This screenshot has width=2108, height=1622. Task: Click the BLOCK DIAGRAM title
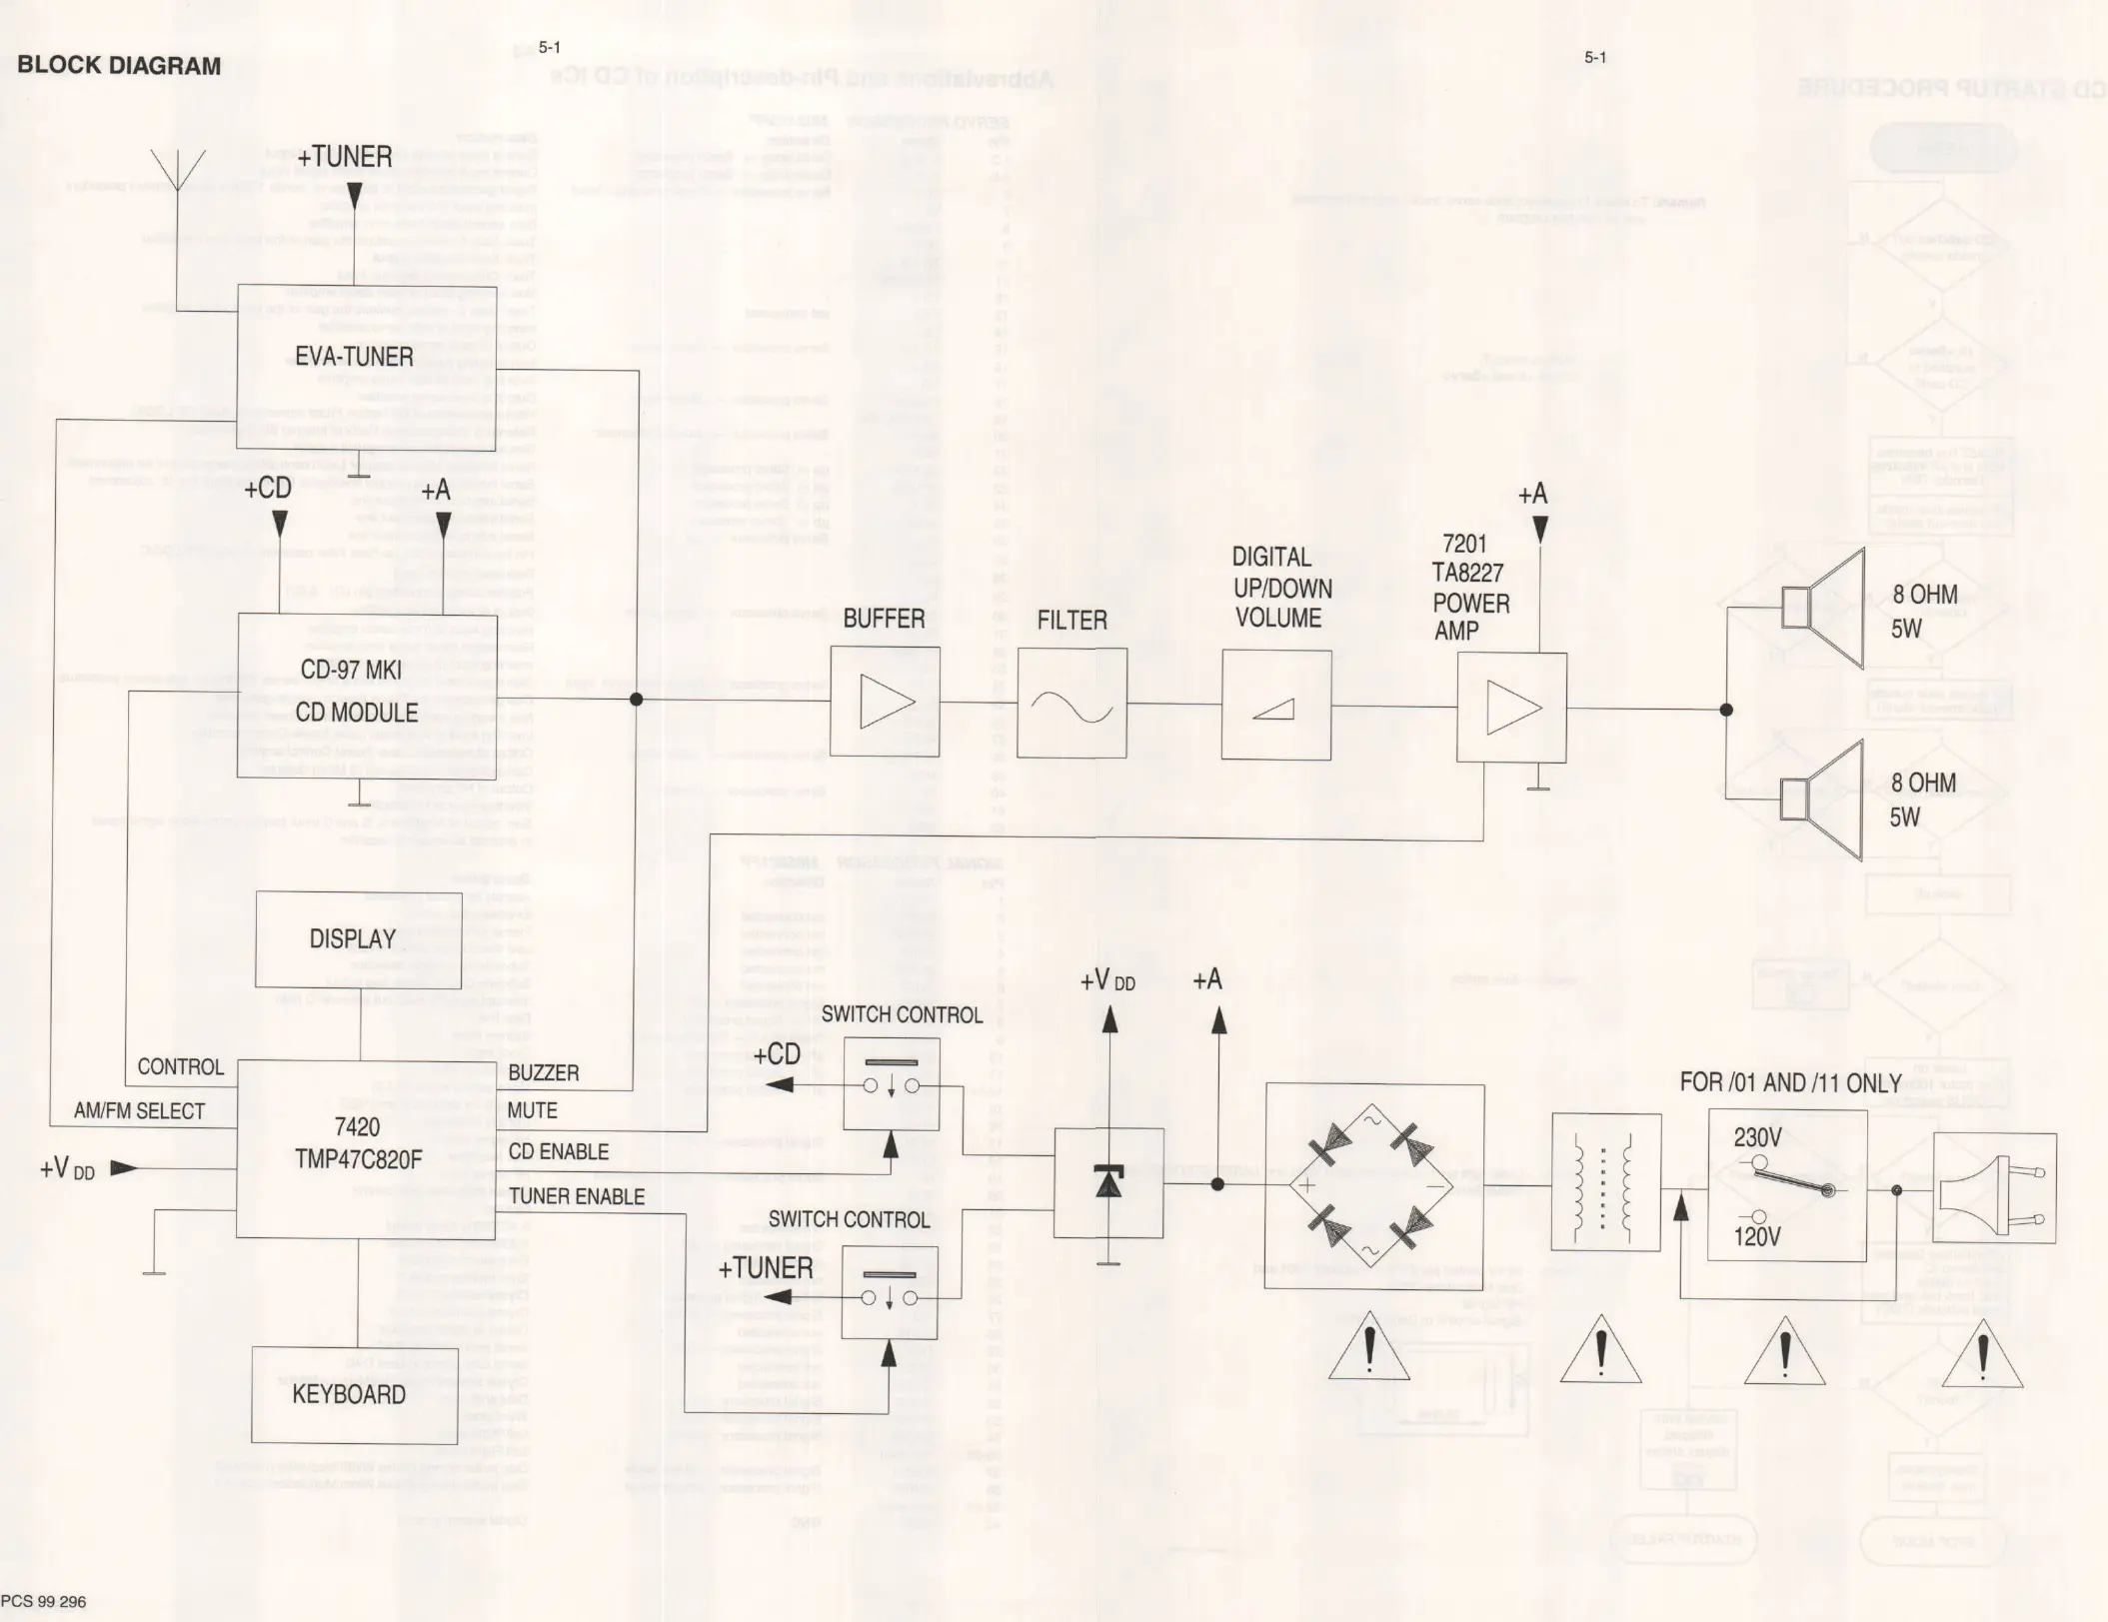click(x=119, y=66)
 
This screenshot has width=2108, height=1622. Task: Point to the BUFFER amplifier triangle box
click(x=885, y=702)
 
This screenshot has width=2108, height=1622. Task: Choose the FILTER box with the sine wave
click(x=1072, y=703)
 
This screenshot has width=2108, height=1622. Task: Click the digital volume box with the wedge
click(x=1275, y=705)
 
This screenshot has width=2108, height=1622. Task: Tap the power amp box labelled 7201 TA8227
click(x=1511, y=708)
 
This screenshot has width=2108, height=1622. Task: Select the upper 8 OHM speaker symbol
click(x=1823, y=609)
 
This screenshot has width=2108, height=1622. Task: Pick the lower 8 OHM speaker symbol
click(x=1823, y=801)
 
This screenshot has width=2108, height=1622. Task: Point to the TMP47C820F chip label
click(x=358, y=1159)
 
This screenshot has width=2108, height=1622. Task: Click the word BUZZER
click(x=544, y=1073)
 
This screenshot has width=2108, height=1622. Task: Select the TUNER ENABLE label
click(x=577, y=1196)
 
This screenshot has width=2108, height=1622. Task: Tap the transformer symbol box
click(x=1605, y=1182)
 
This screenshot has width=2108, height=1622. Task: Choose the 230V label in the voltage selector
click(x=1757, y=1137)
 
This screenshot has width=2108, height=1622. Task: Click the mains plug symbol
click(x=1994, y=1189)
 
